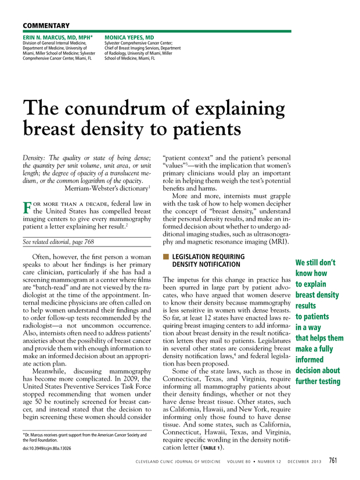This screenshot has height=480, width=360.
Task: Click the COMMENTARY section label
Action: pos(46,26)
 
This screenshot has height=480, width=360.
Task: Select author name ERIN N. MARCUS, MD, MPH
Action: pos(55,37)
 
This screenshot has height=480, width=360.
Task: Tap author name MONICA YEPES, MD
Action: pos(129,37)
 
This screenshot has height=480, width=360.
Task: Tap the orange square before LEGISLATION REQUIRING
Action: pos(166,256)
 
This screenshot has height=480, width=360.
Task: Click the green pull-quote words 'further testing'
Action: pos(318,381)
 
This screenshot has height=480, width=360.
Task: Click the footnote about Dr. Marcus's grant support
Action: pos(84,438)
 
